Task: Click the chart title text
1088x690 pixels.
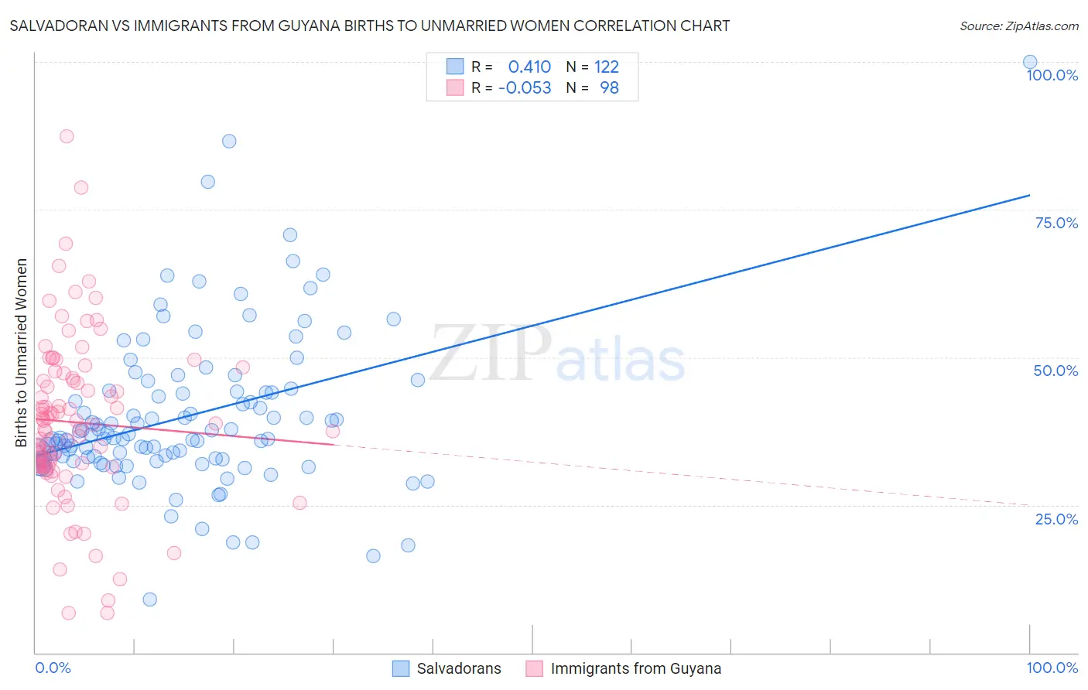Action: point(369,26)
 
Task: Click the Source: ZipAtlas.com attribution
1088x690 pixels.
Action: point(1018,26)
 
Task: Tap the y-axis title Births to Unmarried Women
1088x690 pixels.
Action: point(22,353)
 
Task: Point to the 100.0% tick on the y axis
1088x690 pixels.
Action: point(1052,76)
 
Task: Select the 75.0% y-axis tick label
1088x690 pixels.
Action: point(1055,224)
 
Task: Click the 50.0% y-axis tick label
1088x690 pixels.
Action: point(1055,371)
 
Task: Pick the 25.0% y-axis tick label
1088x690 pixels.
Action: point(1055,519)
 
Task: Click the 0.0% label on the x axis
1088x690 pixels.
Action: point(53,668)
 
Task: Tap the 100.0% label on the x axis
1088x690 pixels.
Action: point(1052,668)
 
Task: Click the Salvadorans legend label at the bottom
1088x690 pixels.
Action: point(458,669)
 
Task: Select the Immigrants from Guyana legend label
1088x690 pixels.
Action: point(635,669)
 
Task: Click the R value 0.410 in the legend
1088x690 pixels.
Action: point(529,67)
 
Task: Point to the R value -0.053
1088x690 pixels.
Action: point(525,88)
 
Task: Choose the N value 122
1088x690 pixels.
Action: point(607,67)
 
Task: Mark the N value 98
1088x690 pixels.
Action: point(609,88)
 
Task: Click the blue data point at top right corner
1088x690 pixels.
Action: point(1029,63)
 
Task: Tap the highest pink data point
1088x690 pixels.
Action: point(67,136)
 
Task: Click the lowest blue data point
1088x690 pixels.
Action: point(149,599)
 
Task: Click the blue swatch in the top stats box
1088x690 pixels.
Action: point(455,67)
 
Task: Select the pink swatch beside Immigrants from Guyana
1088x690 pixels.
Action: point(534,669)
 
